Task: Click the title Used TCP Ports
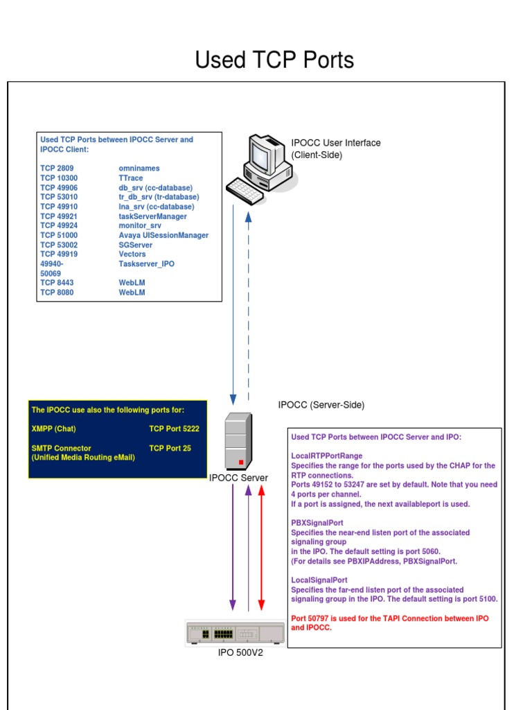tap(274, 60)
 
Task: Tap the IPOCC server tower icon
tap(238, 441)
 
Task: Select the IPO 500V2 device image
tap(236, 633)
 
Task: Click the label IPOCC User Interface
tap(335, 144)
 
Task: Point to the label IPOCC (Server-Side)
tap(321, 405)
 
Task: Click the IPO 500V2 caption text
tap(240, 652)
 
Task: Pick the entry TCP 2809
tap(57, 168)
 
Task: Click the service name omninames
tap(139, 168)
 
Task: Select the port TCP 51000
tap(59, 236)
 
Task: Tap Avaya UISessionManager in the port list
tap(163, 236)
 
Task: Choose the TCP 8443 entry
tap(57, 283)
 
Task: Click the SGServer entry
tap(137, 245)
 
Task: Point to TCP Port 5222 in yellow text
tap(174, 429)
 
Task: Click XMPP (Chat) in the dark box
tap(54, 429)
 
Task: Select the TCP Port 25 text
tap(170, 449)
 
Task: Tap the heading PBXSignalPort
tap(317, 523)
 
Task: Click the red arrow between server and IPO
tap(261, 548)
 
